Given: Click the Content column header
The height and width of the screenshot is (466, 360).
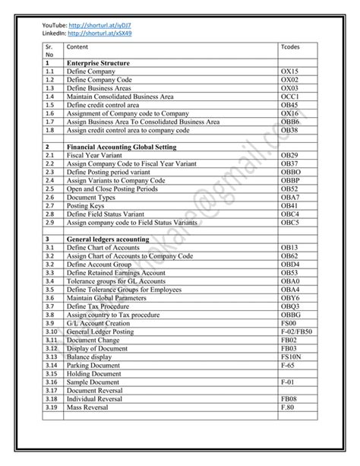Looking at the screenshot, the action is (x=77, y=47).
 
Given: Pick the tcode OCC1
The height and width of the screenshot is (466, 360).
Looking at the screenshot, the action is (x=291, y=97).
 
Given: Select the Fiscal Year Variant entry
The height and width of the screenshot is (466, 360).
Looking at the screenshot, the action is (x=95, y=155).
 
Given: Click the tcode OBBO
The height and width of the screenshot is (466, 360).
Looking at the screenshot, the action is (x=291, y=173).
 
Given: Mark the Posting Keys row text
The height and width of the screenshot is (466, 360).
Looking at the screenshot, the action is (x=86, y=206).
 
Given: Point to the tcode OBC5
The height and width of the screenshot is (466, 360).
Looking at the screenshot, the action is (x=290, y=223).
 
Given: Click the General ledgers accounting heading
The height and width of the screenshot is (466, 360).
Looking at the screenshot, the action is (x=108, y=239).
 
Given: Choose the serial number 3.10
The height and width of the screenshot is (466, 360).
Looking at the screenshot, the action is (x=52, y=332).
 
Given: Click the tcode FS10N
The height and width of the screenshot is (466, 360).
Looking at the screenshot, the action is (x=292, y=357).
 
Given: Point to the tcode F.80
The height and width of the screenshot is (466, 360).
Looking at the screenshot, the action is (x=288, y=408).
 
